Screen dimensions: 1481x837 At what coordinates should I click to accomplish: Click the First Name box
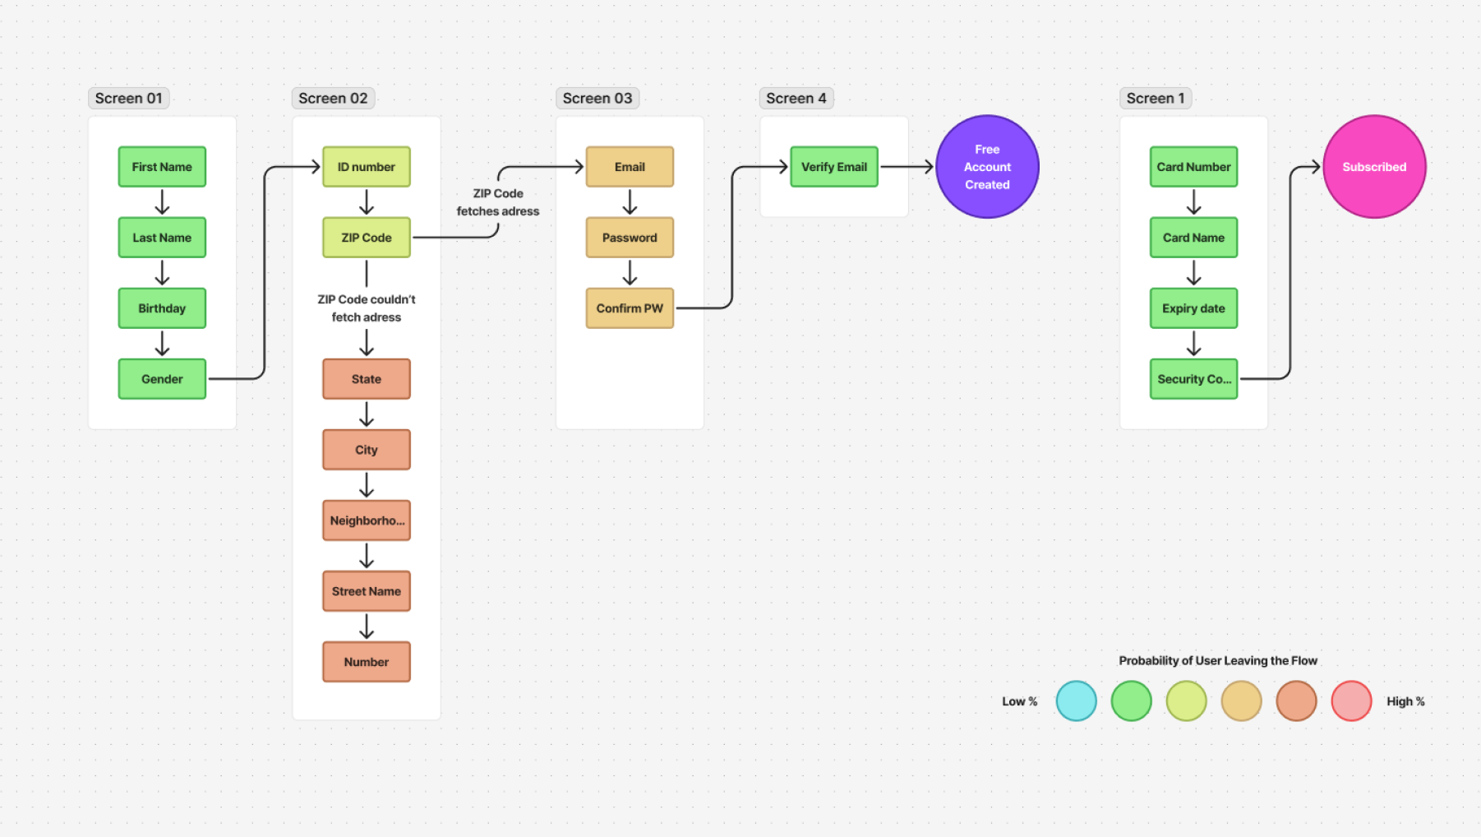click(x=162, y=167)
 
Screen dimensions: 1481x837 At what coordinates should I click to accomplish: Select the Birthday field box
click(x=162, y=308)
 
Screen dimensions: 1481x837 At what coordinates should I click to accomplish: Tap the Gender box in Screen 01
click(x=162, y=379)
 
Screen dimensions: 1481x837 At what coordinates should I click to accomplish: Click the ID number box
click(x=367, y=167)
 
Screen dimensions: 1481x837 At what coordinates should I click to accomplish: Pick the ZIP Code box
click(x=367, y=238)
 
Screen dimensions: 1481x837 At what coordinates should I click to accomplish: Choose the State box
click(x=367, y=379)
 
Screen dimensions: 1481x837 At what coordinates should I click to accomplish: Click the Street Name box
click(x=367, y=591)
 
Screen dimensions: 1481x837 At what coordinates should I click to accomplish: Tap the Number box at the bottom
click(x=367, y=662)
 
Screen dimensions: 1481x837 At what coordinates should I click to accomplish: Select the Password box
click(x=630, y=238)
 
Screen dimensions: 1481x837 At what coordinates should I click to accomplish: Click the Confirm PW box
click(x=630, y=308)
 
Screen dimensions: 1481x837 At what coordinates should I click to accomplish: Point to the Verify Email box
click(x=834, y=167)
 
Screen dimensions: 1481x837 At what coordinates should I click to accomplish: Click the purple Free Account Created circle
click(x=987, y=167)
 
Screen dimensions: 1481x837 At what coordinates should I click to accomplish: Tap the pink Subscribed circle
click(x=1374, y=167)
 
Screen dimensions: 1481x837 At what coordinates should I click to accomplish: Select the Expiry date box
click(x=1193, y=308)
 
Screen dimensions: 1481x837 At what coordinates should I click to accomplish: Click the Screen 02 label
click(x=333, y=99)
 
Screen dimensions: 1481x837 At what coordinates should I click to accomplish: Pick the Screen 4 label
click(x=796, y=99)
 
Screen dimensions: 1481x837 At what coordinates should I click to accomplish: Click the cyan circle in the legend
click(x=1077, y=701)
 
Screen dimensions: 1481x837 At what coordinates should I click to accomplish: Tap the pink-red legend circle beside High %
click(x=1351, y=701)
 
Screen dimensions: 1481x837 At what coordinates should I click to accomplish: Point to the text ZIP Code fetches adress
click(x=498, y=202)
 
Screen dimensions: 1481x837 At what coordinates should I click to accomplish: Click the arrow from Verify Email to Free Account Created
click(x=907, y=167)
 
